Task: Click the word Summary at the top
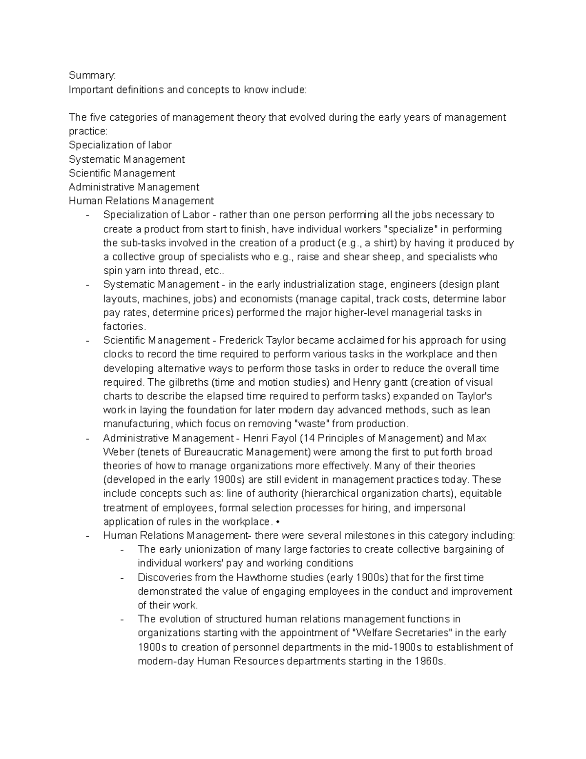click(x=92, y=76)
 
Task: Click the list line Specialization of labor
click(x=120, y=145)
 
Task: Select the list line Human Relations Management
click(x=141, y=201)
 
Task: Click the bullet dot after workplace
click(x=278, y=522)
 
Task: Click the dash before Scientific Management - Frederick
click(x=87, y=341)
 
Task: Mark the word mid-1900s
click(x=375, y=648)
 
